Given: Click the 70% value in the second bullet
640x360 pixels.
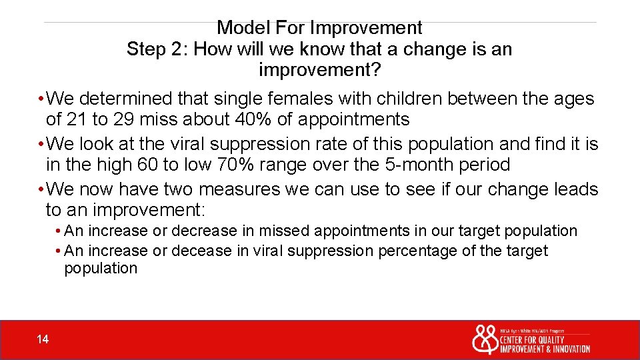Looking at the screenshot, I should click(220, 165).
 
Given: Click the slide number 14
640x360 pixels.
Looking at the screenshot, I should click(43, 340).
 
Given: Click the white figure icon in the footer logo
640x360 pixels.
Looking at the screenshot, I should click(484, 340).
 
